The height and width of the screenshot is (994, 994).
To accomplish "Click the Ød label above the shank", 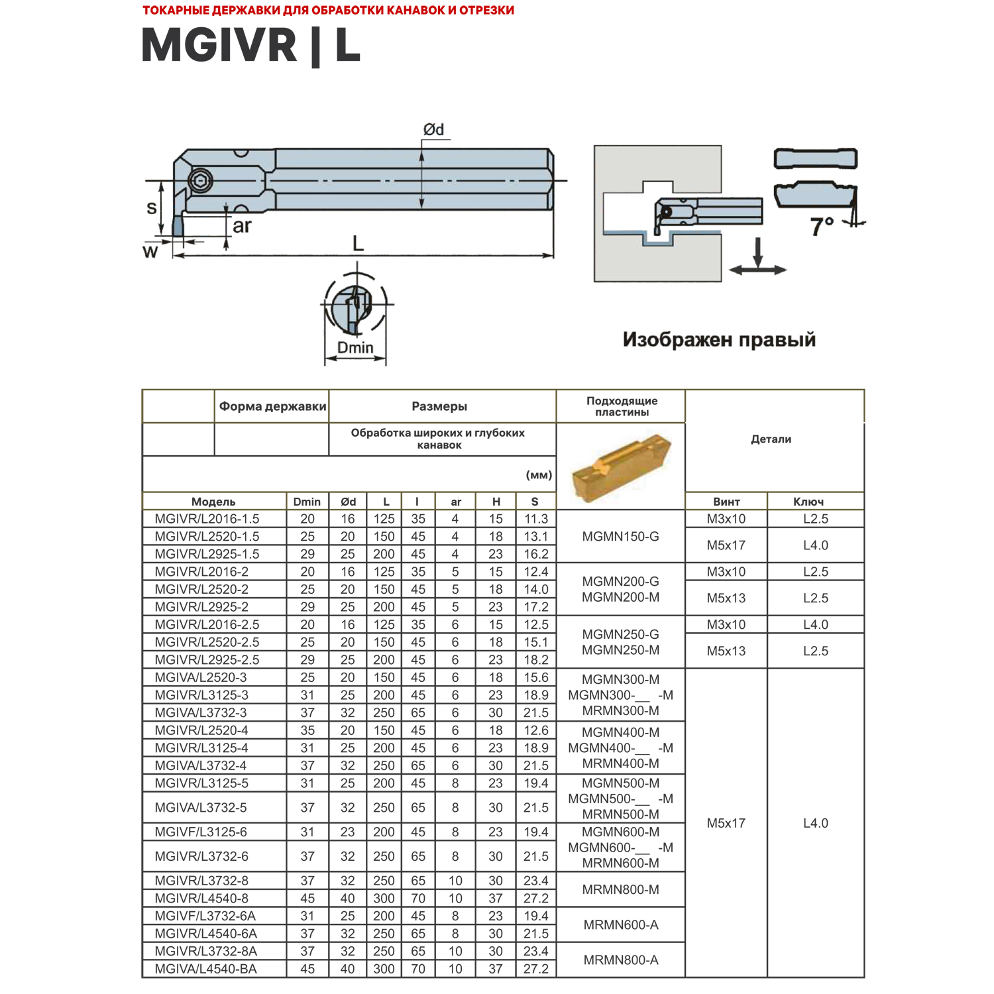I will pos(434,130).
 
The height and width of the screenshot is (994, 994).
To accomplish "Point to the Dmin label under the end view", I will pos(355,348).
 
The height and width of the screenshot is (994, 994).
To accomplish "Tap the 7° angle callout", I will pos(822,227).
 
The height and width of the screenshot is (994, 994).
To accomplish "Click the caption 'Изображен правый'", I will pos(719,340).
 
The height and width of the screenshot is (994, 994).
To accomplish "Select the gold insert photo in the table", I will pos(621,465).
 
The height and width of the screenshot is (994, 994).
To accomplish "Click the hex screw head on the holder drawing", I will pos(199,180).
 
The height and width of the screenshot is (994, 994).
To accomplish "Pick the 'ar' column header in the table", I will pos(456,502).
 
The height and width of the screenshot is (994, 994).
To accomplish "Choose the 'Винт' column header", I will pos(726,502).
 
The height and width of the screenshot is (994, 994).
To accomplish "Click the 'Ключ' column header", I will pos(808,502).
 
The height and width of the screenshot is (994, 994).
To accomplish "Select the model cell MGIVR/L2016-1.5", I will pos(207,519).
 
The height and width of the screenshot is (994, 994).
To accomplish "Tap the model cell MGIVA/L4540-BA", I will pos(205,969).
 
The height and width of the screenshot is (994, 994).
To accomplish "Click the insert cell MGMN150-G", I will pos(621,536).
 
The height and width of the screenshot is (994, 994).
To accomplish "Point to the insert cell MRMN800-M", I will pos(621,889).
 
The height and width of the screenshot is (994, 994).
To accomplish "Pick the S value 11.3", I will pos(536,519).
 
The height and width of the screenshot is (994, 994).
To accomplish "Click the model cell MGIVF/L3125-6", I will pos(201,832).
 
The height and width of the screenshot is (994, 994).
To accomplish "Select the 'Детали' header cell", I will pos(771,439).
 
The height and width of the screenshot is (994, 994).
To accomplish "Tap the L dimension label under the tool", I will pos(358,244).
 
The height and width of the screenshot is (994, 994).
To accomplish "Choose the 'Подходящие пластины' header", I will pos(622,406).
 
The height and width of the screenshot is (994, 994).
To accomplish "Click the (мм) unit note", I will pos(539,475).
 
